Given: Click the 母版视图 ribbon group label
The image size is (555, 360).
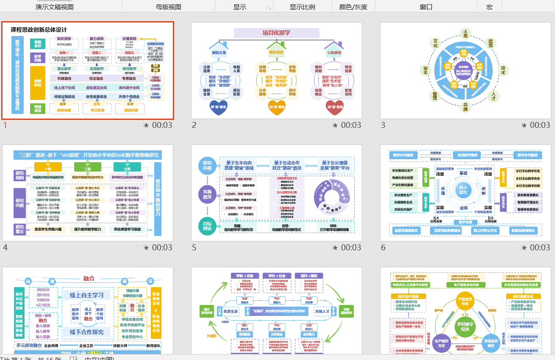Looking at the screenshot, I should pyautogui.click(x=169, y=7).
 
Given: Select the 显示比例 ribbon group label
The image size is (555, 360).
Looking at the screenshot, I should pyautogui.click(x=302, y=7).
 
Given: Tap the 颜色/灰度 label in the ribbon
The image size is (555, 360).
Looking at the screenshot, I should pyautogui.click(x=353, y=7).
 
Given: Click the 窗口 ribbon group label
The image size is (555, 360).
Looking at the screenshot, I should pyautogui.click(x=426, y=7).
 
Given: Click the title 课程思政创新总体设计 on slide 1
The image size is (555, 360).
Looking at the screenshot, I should pyautogui.click(x=39, y=30).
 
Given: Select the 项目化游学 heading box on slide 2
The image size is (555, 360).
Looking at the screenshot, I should pyautogui.click(x=277, y=33).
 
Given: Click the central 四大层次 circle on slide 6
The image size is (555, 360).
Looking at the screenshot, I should pyautogui.click(x=463, y=190).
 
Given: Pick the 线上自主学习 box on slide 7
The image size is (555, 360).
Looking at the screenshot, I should pyautogui.click(x=87, y=295).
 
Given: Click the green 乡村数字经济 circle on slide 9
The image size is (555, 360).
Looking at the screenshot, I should pyautogui.click(x=465, y=327).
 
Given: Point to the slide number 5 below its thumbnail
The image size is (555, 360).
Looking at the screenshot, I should pyautogui.click(x=194, y=247).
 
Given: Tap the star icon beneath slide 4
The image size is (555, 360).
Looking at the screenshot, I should pyautogui.click(x=146, y=247).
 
